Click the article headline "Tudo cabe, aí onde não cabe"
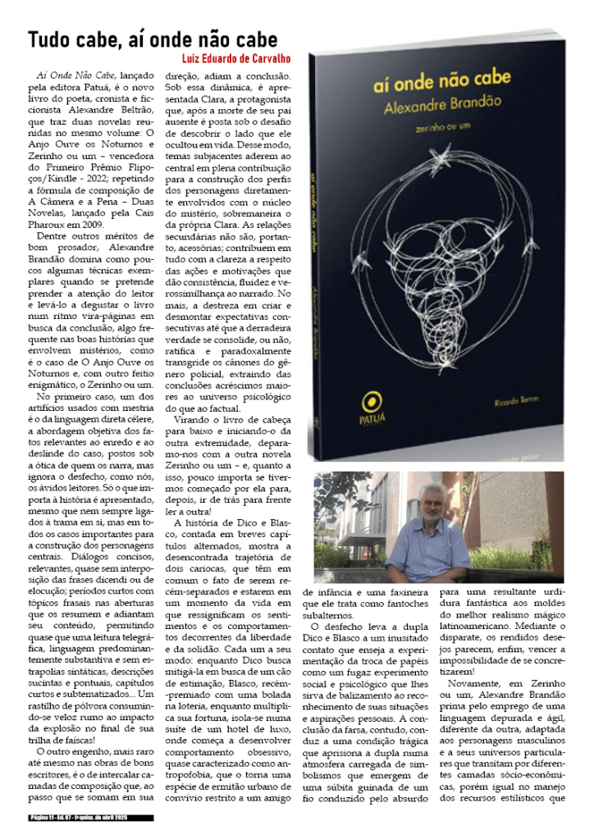(x=153, y=39)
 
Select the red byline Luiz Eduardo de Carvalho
(x=230, y=58)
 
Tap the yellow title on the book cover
(x=441, y=79)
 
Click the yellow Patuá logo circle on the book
(x=373, y=400)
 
